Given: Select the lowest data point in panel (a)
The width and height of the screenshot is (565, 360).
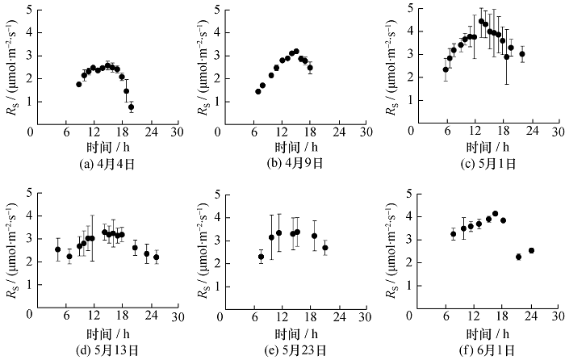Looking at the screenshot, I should point(132,107).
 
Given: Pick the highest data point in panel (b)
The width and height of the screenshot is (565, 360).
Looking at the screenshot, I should point(296,52).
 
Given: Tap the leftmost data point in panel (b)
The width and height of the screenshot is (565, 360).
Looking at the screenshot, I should point(258,91).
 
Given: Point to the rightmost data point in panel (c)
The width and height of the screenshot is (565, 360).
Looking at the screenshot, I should point(522,54).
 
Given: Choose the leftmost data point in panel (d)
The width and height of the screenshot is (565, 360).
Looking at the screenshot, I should point(58,249).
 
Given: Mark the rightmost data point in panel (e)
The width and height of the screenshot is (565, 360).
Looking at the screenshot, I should point(325,248).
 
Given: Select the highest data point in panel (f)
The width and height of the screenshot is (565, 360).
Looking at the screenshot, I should point(495,214).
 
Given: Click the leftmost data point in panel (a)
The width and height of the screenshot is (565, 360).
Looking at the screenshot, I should point(79,84).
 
